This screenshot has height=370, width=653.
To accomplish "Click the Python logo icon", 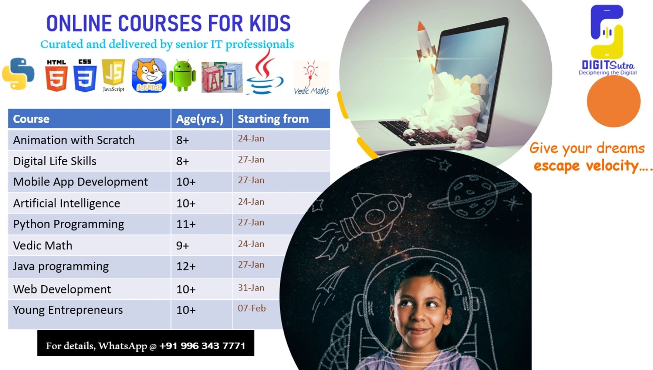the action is [x=18, y=74].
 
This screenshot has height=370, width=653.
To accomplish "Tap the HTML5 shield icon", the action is [x=57, y=75].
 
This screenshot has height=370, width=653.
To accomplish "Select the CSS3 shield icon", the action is [x=85, y=75].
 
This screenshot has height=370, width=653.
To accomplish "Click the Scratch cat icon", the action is [x=149, y=75].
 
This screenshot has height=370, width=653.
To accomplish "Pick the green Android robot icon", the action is [x=182, y=75].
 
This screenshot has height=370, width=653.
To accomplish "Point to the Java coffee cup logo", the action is [x=265, y=72].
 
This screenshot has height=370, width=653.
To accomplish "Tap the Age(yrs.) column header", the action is [x=200, y=119].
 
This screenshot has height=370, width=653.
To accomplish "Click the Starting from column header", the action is [x=273, y=119].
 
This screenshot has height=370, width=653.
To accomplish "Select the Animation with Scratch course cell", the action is [x=74, y=140].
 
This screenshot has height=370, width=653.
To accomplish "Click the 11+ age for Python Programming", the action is [x=186, y=224].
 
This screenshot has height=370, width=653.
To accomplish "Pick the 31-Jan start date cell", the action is [x=251, y=287].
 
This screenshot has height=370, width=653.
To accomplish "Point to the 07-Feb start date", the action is [x=252, y=308].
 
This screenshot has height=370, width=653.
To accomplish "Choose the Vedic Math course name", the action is [x=43, y=245].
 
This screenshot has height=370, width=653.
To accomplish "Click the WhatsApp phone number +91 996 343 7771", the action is [x=202, y=346].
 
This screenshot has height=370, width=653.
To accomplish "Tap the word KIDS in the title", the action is [x=270, y=23].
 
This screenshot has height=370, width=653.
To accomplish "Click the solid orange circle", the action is [x=613, y=101].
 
